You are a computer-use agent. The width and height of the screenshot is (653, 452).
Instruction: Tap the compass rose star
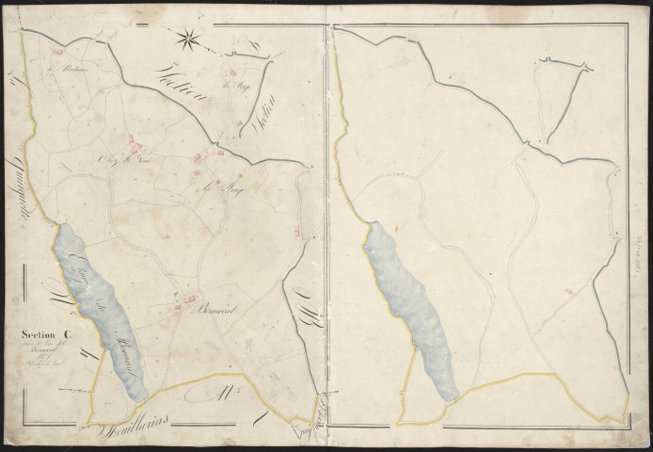(188, 39)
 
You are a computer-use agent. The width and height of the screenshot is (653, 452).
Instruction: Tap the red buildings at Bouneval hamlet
(176, 301)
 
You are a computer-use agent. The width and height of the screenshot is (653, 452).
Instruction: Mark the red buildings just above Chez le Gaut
(136, 146)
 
